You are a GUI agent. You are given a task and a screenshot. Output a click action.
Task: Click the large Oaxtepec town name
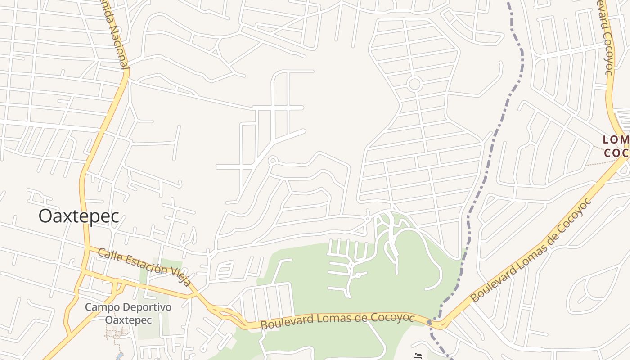point(79,216)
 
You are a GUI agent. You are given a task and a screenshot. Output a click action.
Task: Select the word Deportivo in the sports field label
point(149,307)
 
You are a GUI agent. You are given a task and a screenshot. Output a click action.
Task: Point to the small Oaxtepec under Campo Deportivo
point(128,320)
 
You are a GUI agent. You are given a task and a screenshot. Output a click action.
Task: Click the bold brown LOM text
point(615,140)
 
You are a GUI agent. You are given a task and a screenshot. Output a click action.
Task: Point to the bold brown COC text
point(615,153)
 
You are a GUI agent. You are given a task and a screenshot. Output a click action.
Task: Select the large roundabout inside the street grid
point(414,84)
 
